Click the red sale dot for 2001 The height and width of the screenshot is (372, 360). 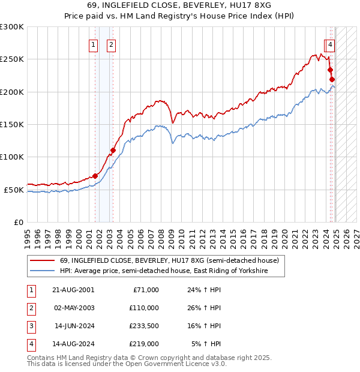point(95,176)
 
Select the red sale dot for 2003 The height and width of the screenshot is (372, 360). point(113,151)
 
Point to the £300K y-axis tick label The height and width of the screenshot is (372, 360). point(12,27)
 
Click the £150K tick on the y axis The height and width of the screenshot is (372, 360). point(12,124)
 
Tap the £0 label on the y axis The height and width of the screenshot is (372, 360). point(18,222)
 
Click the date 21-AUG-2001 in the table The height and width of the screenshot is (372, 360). point(73,290)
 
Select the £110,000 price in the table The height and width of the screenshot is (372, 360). point(144,308)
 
